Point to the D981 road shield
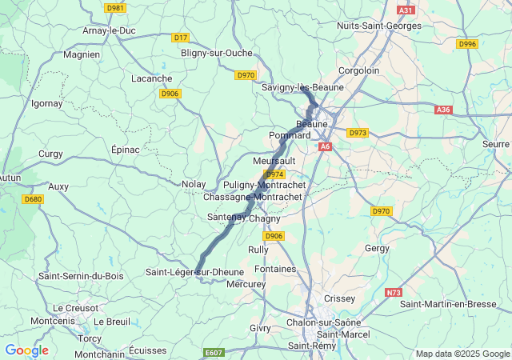click(x=115, y=8)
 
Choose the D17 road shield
click(x=180, y=38)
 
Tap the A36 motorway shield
click(x=444, y=110)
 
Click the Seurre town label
click(x=496, y=144)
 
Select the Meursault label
click(x=274, y=161)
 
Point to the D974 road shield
click(x=274, y=174)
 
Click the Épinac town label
click(x=126, y=150)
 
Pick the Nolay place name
click(x=194, y=184)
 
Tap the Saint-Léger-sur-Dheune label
click(x=194, y=272)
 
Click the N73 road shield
click(x=394, y=293)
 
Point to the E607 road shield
click(x=214, y=353)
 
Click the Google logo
click(x=26, y=350)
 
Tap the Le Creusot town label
click(x=75, y=308)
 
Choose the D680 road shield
click(x=33, y=199)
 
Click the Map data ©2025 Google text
click(x=462, y=354)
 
